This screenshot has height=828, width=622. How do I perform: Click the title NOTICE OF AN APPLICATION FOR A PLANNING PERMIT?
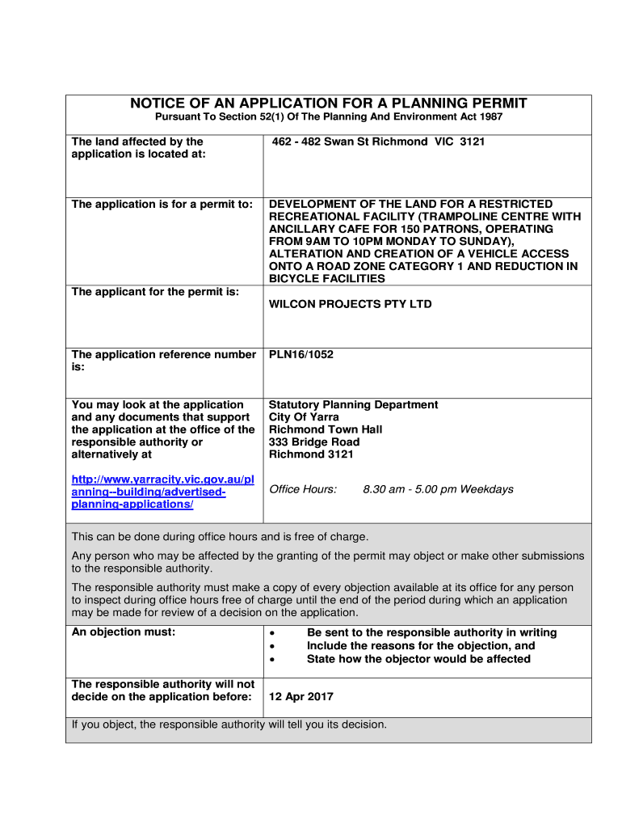click(x=328, y=103)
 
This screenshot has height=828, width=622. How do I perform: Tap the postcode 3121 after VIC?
click(x=473, y=142)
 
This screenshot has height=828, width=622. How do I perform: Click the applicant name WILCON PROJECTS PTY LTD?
click(x=350, y=305)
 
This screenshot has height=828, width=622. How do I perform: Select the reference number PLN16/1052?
click(x=300, y=355)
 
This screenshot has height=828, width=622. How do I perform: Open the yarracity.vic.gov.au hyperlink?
click(x=162, y=492)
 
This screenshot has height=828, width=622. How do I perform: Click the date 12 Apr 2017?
click(x=300, y=697)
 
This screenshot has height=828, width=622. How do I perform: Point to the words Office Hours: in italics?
click(x=302, y=489)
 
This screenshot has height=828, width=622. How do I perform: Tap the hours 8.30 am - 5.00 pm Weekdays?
click(x=438, y=489)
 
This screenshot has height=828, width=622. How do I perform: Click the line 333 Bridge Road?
click(x=314, y=442)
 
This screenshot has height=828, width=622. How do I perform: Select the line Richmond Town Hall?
click(x=326, y=430)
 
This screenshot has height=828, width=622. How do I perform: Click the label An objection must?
click(x=123, y=632)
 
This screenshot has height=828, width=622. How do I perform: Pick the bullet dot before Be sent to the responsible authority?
click(x=272, y=633)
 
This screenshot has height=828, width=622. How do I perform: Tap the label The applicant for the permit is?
click(x=155, y=292)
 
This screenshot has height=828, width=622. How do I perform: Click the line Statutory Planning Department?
click(x=353, y=405)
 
